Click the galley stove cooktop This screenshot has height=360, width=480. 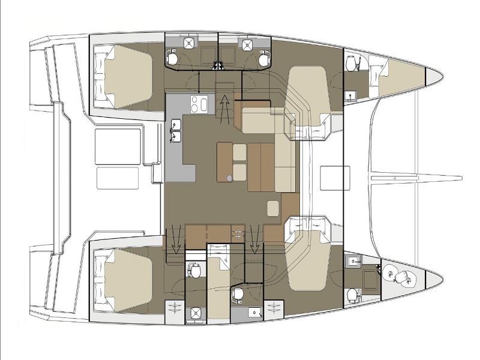(x=198, y=104)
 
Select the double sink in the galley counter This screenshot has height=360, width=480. (x=176, y=131)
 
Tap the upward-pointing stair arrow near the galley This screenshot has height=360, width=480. (x=224, y=108)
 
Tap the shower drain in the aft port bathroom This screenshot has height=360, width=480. (x=190, y=43)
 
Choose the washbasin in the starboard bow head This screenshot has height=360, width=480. (x=354, y=260)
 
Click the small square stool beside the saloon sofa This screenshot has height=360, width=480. (x=272, y=208)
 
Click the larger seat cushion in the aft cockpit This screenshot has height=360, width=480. (x=118, y=144)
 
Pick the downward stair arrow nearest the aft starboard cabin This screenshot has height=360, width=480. (x=176, y=239)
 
